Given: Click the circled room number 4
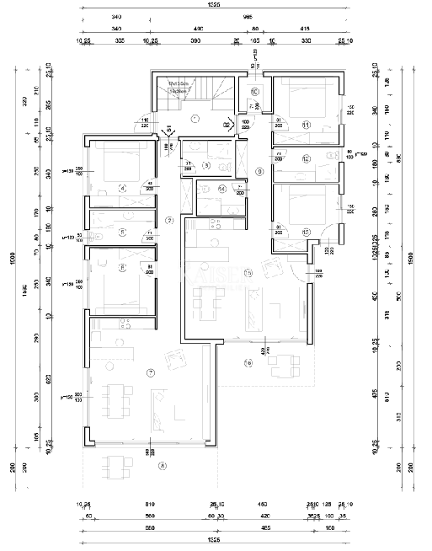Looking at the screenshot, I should coord(122,188).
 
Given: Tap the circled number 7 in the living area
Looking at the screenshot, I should coord(151,372).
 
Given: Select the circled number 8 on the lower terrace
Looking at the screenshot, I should coord(162,464).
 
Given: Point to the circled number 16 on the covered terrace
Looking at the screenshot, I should coord(248,363).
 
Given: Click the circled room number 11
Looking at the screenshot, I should coord(307,125).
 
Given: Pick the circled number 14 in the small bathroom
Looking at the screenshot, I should coord(221,189).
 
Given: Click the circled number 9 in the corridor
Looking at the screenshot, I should coord(259,171).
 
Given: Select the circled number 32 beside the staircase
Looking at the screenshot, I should coord(227,124).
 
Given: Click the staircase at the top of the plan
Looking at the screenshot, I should coord(193,94).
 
